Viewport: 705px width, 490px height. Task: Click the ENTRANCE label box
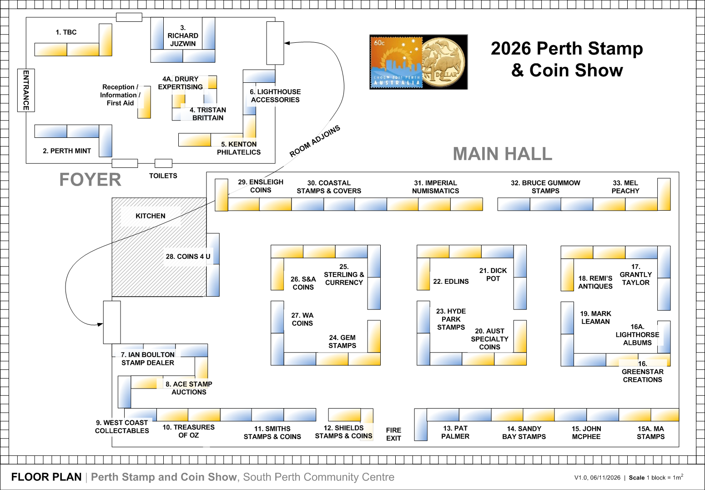26,90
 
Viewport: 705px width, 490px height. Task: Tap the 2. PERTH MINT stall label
67,151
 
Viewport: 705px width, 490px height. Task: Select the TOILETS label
163,176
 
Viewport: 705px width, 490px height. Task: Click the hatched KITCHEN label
150,216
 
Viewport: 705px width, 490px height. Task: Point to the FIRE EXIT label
393,434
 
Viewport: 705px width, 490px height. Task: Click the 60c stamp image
396,62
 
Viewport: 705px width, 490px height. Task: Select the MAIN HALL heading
502,154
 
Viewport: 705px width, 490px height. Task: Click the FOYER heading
90,180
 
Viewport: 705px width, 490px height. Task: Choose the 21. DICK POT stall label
493,274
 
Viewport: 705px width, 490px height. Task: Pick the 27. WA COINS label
302,319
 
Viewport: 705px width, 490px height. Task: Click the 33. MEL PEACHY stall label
625,187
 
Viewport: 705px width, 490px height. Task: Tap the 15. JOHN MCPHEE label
586,433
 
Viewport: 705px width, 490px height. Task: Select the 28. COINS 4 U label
188,257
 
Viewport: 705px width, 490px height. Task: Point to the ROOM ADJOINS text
315,141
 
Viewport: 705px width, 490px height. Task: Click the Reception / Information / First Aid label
120,95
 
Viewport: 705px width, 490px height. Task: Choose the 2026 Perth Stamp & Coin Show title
567,59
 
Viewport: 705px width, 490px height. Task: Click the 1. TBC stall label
66,32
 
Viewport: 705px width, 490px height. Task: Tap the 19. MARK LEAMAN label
595,318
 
